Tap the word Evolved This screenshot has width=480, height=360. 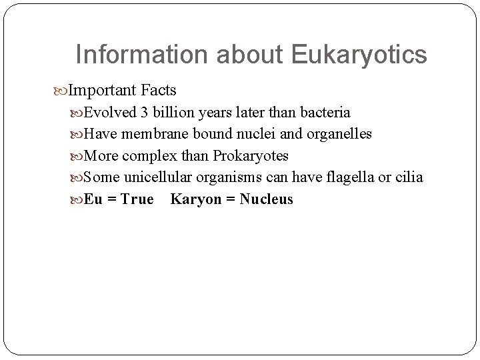pyautogui.click(x=108, y=113)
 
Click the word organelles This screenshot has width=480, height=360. pyautogui.click(x=338, y=134)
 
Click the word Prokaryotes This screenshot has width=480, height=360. pyautogui.click(x=251, y=156)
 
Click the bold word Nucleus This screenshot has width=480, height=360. pyautogui.click(x=266, y=199)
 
